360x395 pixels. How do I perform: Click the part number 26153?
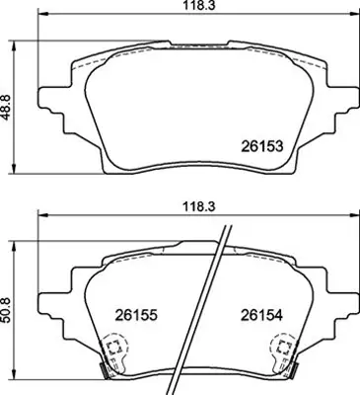(263, 145)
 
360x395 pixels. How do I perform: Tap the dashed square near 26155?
(113, 348)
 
